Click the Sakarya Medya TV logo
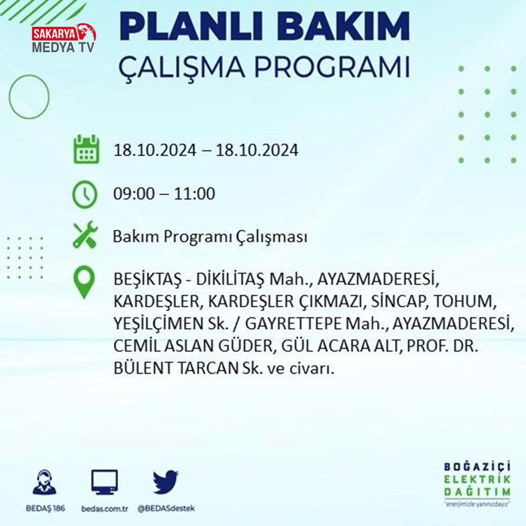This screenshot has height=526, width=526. [64, 38]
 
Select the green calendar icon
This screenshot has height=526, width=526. [86, 149]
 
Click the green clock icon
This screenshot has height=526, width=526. [85, 194]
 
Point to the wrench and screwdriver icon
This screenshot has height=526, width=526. [85, 235]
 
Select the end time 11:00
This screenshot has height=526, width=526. [194, 194]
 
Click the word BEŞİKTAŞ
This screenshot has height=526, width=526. [147, 279]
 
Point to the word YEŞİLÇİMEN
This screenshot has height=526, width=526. [156, 323]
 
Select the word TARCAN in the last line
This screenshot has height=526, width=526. [207, 368]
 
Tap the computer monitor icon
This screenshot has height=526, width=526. [105, 482]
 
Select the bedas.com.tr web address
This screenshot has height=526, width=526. [105, 509]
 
